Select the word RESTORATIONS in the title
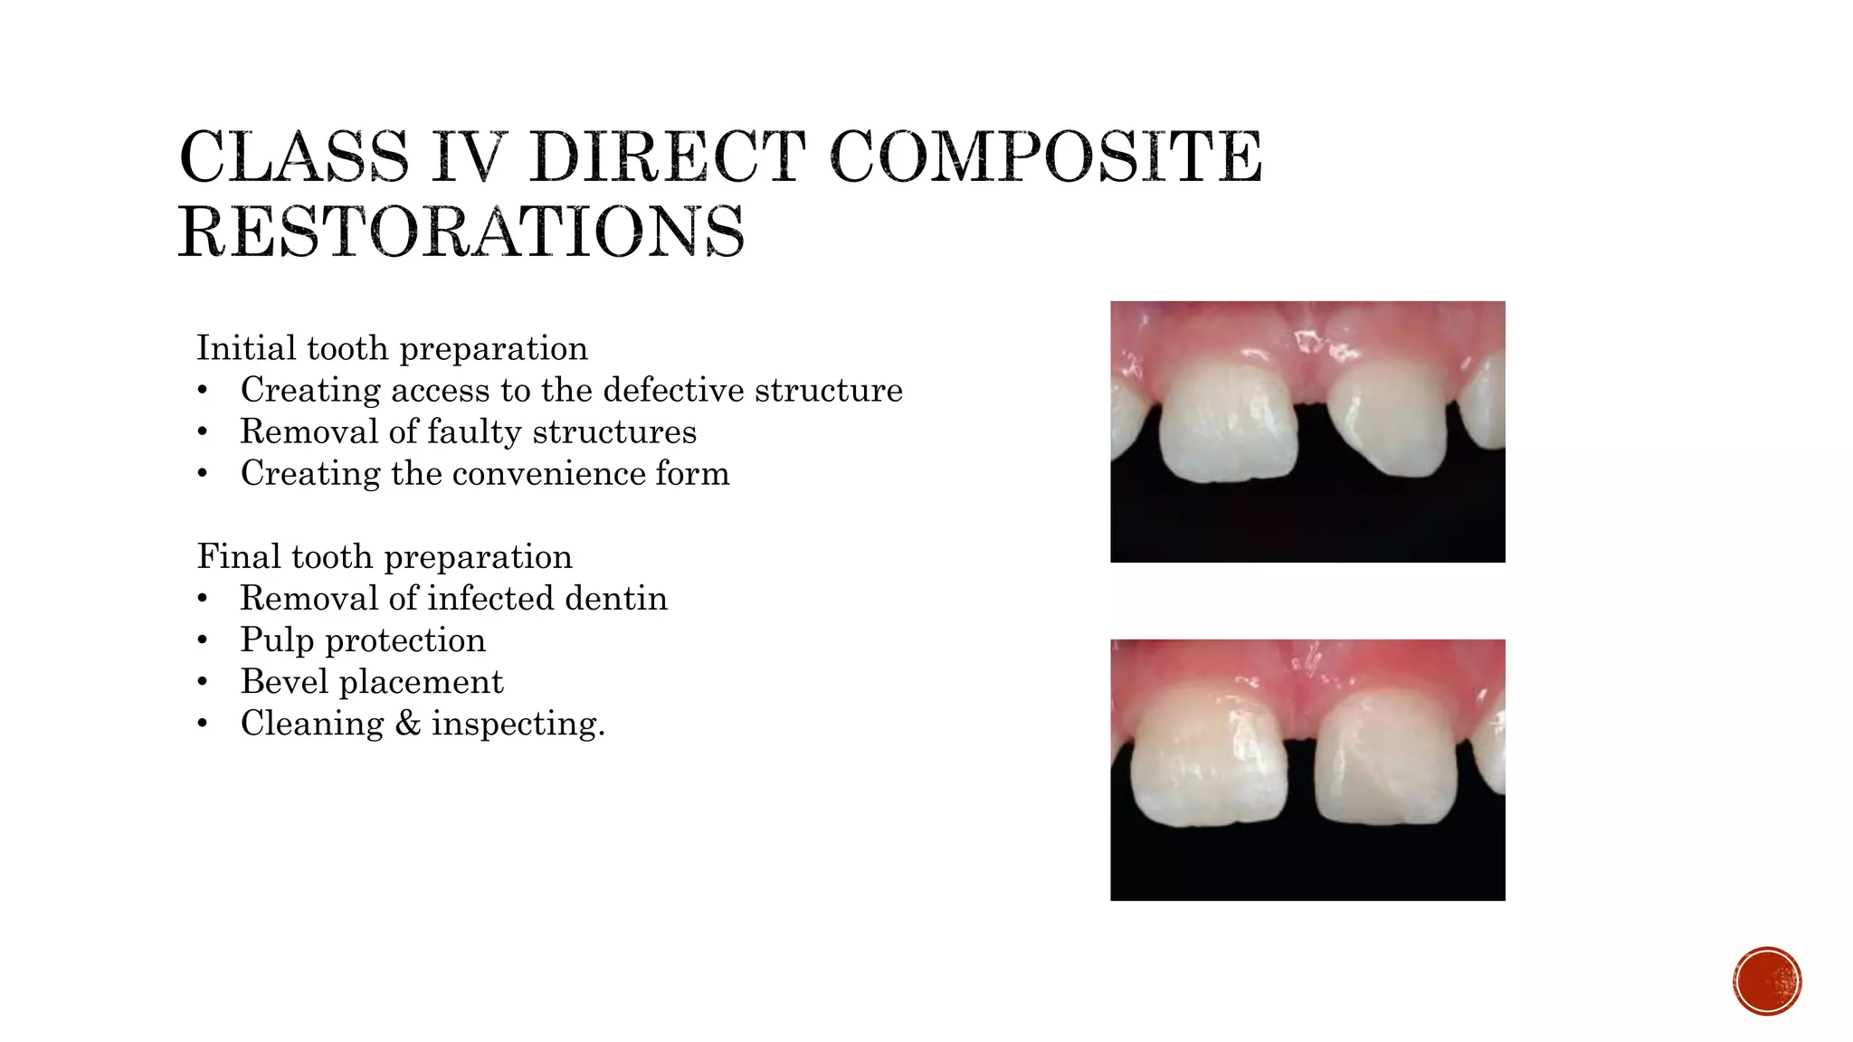click(x=461, y=232)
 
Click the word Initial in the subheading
click(x=246, y=348)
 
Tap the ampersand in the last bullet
click(x=408, y=724)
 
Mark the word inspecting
click(x=518, y=724)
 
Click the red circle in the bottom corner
click(x=1767, y=980)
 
